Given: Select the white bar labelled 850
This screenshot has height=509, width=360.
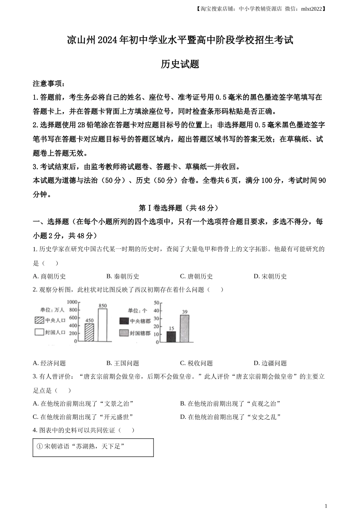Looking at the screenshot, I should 103,325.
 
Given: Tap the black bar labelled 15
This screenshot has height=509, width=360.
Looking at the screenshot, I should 171,337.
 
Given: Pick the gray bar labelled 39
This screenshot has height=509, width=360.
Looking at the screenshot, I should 185,329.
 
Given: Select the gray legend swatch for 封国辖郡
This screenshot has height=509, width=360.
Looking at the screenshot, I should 124,333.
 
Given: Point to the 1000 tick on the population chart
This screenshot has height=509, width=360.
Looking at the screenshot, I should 72,302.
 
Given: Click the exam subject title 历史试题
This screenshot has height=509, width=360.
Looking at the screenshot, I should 180,64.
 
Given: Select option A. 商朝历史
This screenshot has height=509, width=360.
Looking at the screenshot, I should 49,276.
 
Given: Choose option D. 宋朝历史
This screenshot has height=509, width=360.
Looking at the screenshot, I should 270,276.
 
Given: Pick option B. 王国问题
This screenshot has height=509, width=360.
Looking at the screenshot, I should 123,363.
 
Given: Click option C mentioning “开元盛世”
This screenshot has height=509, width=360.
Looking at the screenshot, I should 83,417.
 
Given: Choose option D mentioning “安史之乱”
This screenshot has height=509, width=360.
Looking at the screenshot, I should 230,417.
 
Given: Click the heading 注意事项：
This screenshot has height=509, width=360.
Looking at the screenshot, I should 49,83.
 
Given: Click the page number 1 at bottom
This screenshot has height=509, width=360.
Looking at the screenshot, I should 326,506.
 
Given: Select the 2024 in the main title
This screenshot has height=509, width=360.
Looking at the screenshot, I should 108,40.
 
